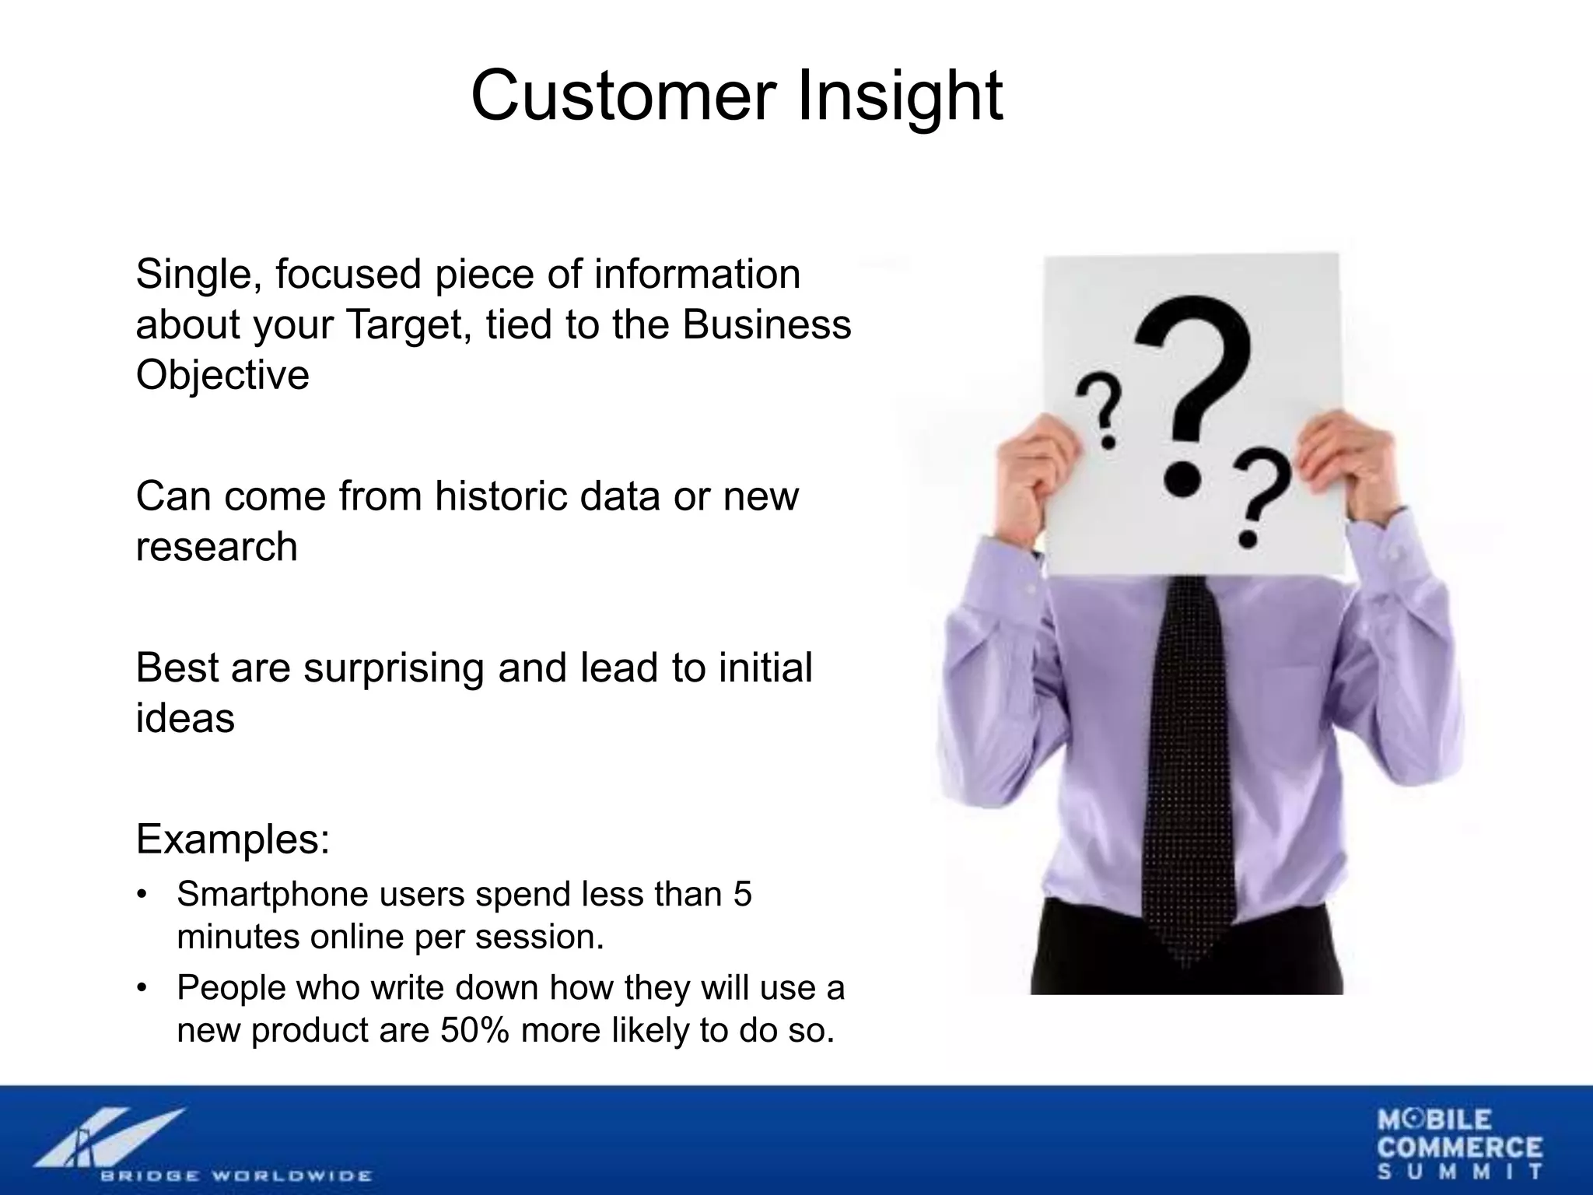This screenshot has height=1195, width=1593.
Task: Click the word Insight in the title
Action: pos(900,96)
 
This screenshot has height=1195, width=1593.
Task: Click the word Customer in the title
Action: pos(624,96)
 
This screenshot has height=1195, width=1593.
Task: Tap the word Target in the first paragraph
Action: pos(408,324)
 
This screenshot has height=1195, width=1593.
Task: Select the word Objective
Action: pos(222,375)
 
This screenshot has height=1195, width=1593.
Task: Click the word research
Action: pos(216,546)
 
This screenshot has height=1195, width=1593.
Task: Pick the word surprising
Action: pos(394,668)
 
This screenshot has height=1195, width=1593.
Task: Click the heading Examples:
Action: pos(233,839)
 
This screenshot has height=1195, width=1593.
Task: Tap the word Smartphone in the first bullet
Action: pos(271,894)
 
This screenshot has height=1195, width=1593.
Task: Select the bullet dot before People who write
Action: pos(141,988)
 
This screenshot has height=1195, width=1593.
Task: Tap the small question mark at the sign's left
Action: pos(1098,411)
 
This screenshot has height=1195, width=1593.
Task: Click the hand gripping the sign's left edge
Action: pos(1038,467)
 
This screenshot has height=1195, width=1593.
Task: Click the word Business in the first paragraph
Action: pos(767,324)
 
